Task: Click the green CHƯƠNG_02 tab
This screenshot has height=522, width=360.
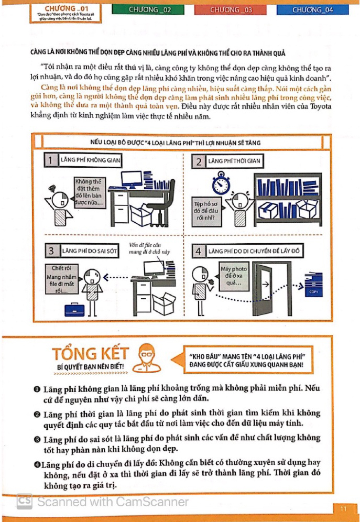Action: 149,9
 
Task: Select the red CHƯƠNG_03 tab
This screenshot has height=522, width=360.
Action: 231,9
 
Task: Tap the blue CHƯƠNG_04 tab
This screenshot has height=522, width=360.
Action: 313,9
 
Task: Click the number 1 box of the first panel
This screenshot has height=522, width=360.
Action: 50,161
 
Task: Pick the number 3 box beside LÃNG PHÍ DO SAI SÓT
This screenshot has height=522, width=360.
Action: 51,251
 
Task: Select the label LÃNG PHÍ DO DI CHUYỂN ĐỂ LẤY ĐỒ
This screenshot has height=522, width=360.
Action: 254,251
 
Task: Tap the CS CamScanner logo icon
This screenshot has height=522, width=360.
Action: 24,501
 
